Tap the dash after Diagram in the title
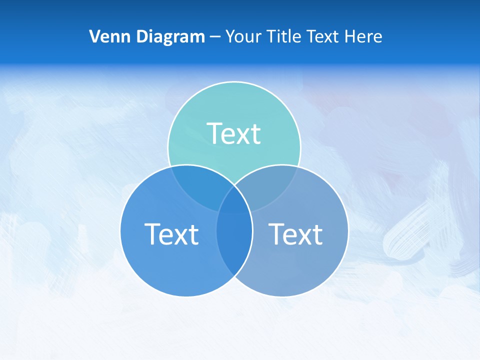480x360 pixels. [215, 37]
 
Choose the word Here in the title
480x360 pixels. [365, 36]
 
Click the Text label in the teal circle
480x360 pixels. [234, 134]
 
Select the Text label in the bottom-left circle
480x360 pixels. [171, 234]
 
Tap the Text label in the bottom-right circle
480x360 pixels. [295, 234]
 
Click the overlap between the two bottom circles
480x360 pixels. [234, 250]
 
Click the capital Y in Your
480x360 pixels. [230, 36]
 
